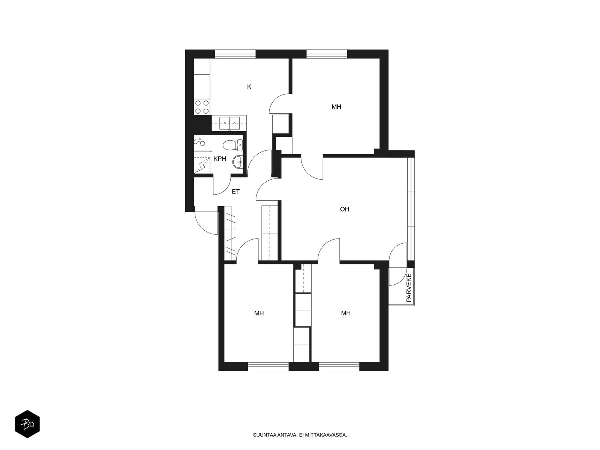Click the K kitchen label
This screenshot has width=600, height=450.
[x=249, y=87]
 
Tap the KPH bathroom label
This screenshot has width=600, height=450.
[x=220, y=159]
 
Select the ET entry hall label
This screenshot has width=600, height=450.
[x=235, y=192]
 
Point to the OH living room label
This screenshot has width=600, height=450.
[x=344, y=209]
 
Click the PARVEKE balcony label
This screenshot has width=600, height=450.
[x=409, y=288]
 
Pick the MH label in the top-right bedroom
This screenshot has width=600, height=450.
[x=336, y=107]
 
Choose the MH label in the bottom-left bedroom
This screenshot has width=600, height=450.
[x=259, y=313]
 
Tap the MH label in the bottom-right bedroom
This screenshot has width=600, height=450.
[x=346, y=313]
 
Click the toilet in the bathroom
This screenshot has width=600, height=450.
[x=232, y=145]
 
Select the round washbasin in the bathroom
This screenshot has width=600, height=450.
[x=237, y=162]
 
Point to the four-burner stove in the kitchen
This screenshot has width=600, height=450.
[x=202, y=107]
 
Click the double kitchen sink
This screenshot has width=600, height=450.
[x=229, y=123]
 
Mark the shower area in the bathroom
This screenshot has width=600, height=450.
[x=202, y=165]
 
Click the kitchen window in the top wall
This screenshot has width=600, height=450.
[x=235, y=54]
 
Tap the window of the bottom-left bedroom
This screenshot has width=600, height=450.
[x=268, y=367]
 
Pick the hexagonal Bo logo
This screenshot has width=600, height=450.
[x=27, y=424]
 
